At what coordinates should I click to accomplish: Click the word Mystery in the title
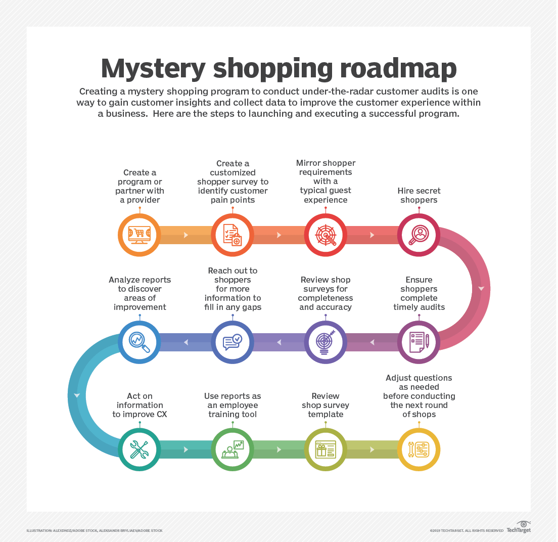pos(153,69)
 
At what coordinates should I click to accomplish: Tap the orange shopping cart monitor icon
pos(139,235)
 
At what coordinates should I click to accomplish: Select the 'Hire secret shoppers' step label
pos(419,195)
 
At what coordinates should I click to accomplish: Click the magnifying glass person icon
pos(419,235)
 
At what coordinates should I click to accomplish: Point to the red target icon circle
pos(325,235)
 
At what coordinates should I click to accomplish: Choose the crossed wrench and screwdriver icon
pos(139,449)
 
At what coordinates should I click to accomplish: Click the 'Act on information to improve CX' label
pos(139,405)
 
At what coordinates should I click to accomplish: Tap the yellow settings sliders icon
pos(419,449)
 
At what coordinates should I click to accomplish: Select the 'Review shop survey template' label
pos(325,405)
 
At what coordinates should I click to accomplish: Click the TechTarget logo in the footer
pos(519,527)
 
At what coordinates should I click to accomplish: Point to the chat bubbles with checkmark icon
pos(232,342)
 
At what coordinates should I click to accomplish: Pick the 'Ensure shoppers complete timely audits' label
pos(419,293)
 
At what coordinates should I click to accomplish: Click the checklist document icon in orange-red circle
pos(232,235)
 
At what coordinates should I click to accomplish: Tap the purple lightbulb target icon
pos(325,342)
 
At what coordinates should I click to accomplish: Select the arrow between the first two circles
pos(186,235)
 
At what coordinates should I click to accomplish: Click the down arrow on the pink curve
pos(481,288)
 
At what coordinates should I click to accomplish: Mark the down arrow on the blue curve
pos(77,395)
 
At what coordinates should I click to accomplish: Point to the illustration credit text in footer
pos(95,530)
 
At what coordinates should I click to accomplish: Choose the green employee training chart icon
pos(232,449)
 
